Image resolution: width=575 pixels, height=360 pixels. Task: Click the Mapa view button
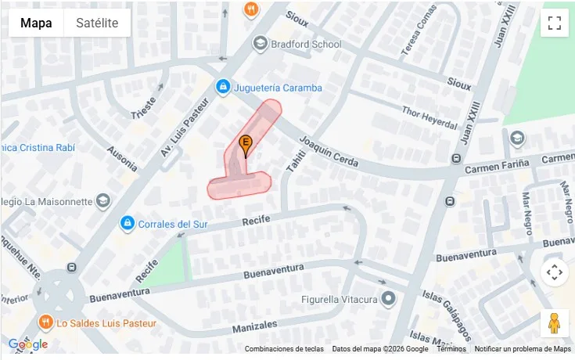tap(36, 23)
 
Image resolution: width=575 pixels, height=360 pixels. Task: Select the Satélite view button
tap(97, 23)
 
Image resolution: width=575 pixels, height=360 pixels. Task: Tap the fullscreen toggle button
tap(554, 23)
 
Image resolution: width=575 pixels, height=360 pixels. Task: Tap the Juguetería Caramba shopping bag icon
tap(223, 87)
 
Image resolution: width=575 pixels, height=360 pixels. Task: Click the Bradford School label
tap(305, 44)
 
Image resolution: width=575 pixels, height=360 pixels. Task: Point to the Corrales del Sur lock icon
tap(127, 225)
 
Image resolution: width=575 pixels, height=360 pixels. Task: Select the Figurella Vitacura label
tap(340, 299)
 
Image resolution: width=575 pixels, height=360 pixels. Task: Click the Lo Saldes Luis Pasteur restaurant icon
tap(45, 322)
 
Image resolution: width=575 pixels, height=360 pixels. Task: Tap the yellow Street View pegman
tap(554, 322)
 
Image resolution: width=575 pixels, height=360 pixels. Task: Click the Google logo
tap(27, 344)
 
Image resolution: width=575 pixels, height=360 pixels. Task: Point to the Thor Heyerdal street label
tap(428, 118)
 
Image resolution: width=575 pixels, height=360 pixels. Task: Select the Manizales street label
tap(253, 324)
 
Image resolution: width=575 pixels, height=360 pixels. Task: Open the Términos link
tap(451, 349)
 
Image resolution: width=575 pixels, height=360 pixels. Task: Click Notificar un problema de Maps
tap(523, 349)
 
